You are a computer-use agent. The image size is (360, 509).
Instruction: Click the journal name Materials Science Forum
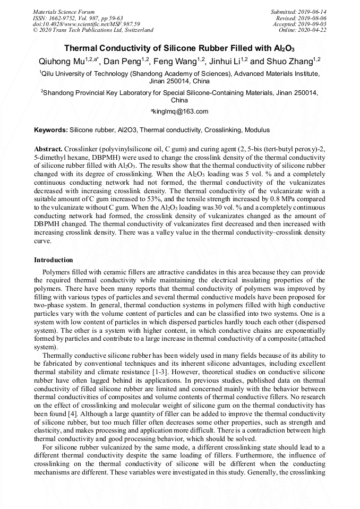[x=64, y=12]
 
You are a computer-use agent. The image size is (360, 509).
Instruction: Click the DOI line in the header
[x=87, y=24]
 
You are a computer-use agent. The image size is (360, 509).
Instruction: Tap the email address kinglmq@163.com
[x=181, y=111]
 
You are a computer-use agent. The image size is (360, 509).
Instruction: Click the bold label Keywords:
[x=51, y=130]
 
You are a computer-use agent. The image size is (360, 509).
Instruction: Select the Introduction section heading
[x=54, y=260]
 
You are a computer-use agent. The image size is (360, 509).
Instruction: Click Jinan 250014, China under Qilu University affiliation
[x=179, y=82]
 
